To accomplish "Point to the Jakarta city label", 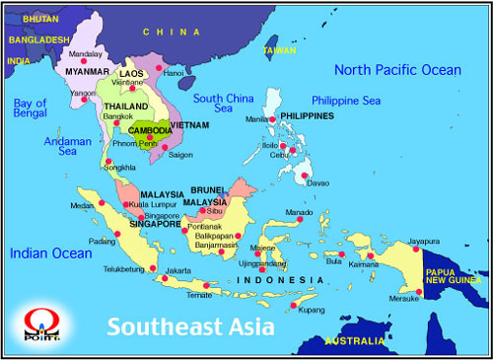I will [x=178, y=270].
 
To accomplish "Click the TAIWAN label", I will [x=278, y=49].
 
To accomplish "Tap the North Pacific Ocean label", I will [x=396, y=69].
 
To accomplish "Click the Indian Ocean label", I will [x=50, y=253].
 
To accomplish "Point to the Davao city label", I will [x=318, y=183].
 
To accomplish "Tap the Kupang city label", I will [x=311, y=308].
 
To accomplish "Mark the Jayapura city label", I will [x=424, y=241].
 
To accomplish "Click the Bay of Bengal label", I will [x=31, y=108].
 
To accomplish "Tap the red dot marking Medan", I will [x=102, y=202].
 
